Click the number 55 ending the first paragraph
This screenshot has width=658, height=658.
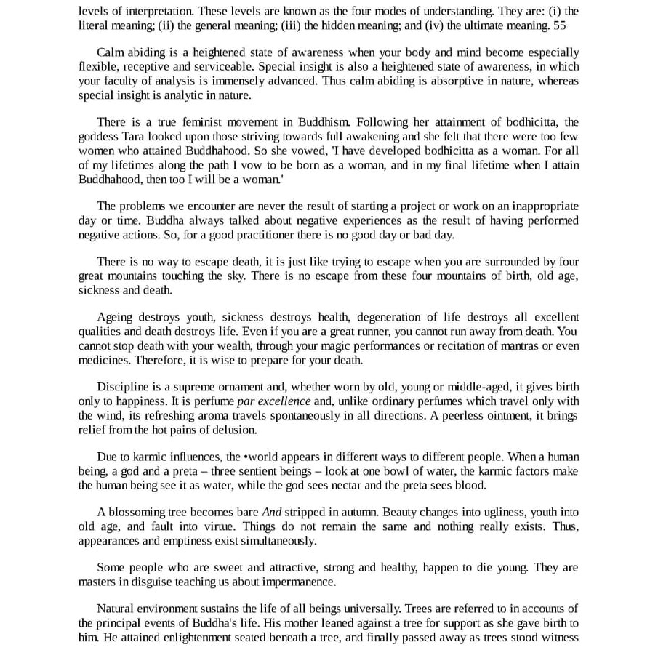(x=558, y=25)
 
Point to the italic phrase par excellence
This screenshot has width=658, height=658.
(x=273, y=402)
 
